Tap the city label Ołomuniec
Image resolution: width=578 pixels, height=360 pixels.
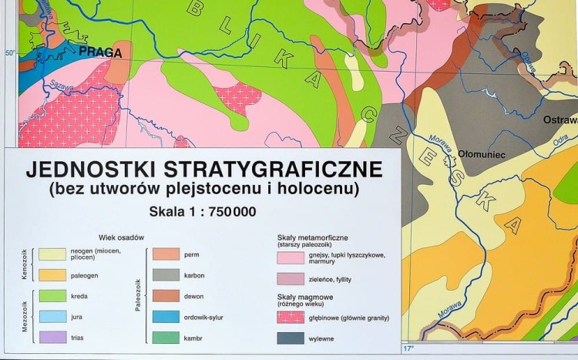(481, 154)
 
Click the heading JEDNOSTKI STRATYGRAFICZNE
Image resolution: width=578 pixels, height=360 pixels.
(202, 167)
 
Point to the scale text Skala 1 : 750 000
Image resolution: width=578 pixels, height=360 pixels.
(203, 211)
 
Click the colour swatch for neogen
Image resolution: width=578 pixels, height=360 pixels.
(52, 254)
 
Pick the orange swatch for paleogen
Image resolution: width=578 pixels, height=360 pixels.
(52, 274)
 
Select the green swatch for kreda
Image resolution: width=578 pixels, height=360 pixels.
(52, 295)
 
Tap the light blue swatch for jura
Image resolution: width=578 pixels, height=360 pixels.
(52, 316)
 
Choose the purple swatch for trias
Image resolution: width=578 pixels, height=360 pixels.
(52, 337)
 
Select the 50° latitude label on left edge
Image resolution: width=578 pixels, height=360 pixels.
(10, 53)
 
